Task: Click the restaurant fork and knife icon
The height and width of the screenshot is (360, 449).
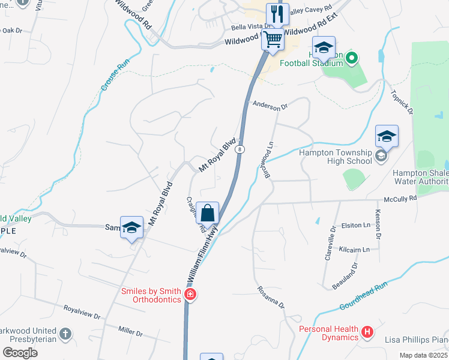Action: (276, 14)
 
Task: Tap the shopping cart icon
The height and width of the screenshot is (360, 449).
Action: (273, 40)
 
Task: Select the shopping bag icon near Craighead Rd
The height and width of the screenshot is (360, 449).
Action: (207, 213)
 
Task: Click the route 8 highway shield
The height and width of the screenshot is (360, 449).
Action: (240, 149)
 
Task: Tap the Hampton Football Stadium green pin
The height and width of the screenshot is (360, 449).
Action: (352, 59)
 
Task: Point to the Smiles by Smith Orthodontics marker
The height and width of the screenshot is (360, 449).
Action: (190, 294)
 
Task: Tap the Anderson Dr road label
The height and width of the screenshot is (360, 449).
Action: (270, 106)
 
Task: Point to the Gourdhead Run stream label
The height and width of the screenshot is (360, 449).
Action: (364, 296)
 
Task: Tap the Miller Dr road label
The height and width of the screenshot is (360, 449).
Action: (130, 331)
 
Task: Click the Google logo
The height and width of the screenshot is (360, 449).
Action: (20, 353)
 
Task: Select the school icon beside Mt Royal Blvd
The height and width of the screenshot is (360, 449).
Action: (131, 227)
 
